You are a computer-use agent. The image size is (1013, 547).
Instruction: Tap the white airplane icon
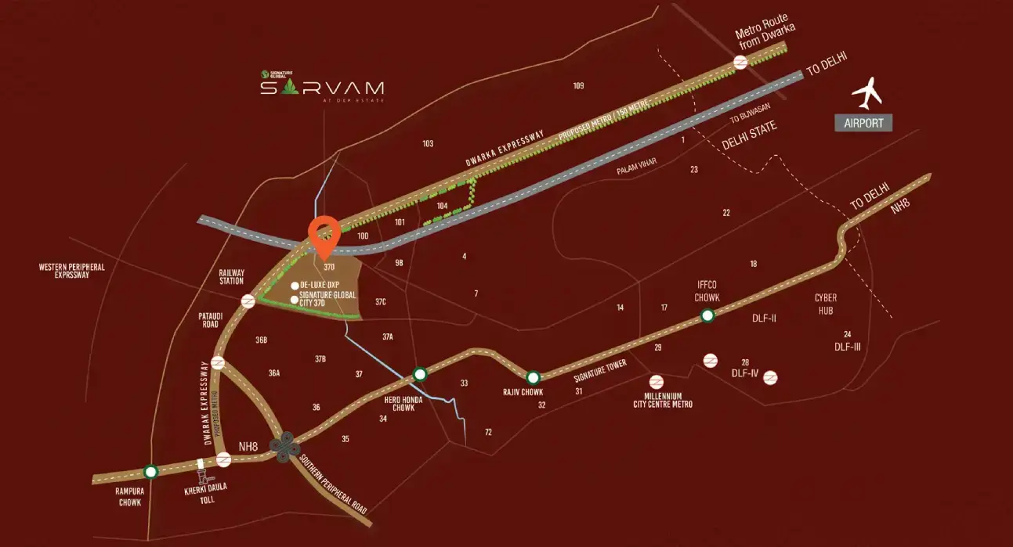866,94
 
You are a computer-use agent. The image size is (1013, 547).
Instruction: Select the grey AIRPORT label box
863,123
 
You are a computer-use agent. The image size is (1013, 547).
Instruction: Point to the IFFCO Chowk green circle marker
707,315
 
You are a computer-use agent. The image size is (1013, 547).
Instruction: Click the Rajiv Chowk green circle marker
534,377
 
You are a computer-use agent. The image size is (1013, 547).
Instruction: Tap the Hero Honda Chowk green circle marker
420,374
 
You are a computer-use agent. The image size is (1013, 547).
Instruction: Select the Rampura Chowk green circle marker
150,471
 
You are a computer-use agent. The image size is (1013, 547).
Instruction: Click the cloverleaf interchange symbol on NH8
284,445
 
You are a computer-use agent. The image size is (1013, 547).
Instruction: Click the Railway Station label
232,276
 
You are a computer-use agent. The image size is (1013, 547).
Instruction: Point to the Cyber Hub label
826,303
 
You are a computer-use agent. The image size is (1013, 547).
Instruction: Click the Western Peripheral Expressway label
72,271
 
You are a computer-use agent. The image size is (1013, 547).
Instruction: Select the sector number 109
579,85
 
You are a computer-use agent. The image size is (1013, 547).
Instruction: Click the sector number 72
488,432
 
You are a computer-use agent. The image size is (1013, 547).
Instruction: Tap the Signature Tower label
601,383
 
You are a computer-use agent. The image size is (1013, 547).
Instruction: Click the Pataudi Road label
211,319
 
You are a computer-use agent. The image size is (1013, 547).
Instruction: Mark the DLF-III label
848,346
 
